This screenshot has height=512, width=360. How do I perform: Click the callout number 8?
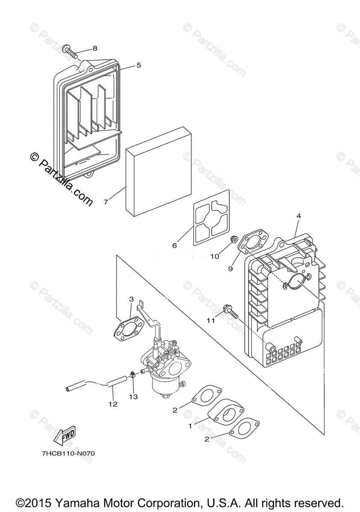click(94, 48)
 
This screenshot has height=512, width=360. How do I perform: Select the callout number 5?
click(138, 65)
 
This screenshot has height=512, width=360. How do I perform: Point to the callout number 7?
click(106, 201)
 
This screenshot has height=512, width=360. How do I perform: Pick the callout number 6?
click(174, 245)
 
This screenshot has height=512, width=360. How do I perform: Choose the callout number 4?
click(299, 216)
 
